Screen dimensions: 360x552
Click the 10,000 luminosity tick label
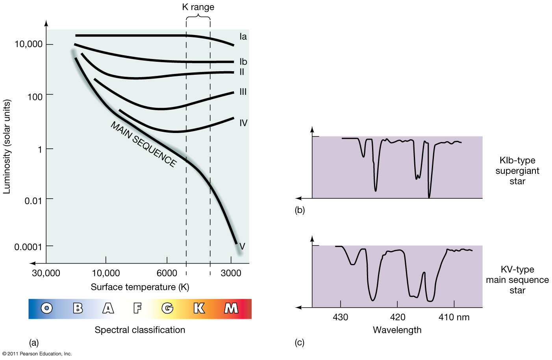coord(28,44)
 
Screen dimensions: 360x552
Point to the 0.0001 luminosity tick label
coord(28,247)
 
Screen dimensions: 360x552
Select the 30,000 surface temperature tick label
coord(46,273)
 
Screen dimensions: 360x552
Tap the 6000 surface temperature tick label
coord(167,273)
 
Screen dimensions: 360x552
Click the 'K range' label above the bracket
coord(198,7)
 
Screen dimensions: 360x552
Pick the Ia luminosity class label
coord(243,37)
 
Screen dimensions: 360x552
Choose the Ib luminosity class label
coord(243,62)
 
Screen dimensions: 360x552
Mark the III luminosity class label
coord(243,92)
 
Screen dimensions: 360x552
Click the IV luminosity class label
coord(243,123)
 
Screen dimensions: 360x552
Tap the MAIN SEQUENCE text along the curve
coord(143,144)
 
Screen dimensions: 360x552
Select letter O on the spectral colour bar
coord(47,308)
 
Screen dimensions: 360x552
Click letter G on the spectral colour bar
coord(167,308)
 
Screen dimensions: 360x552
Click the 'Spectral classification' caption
coord(140,330)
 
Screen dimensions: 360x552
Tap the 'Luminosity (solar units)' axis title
coord(7,146)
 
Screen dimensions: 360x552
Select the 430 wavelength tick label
coord(340,317)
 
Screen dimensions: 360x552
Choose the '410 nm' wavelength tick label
coord(454,317)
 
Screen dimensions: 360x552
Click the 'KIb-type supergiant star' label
coord(517,171)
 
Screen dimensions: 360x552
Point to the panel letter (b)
coord(300,210)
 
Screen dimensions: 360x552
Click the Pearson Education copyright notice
coord(37,354)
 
